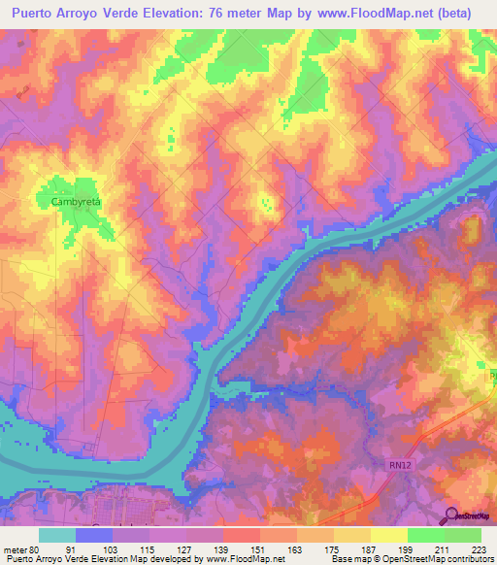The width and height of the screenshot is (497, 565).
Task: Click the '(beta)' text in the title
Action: [461, 15]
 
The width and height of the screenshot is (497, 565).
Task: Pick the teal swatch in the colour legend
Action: [57, 535]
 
